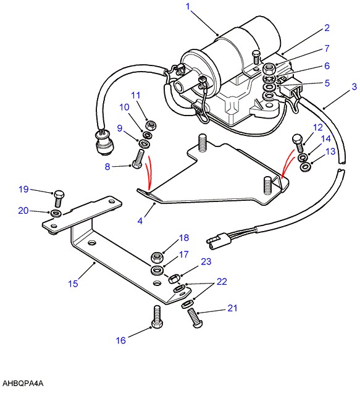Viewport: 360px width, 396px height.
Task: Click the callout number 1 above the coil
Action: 188,6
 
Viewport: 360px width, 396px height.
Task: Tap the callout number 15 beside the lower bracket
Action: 73,284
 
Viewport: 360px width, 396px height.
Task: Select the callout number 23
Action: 206,261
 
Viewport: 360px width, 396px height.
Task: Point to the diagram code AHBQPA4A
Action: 23,384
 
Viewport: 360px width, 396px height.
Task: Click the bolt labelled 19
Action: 59,198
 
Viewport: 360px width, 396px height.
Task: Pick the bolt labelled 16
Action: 157,317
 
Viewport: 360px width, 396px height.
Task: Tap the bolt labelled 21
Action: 195,318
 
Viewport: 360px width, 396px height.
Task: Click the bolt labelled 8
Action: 138,159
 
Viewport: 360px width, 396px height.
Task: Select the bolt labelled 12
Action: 298,143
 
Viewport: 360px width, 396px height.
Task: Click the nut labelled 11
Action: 151,125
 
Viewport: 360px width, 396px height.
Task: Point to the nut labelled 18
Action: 157,257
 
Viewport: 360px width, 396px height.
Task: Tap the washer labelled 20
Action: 56,213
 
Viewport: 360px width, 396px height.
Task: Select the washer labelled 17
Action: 157,270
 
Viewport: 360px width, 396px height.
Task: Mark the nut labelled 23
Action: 174,279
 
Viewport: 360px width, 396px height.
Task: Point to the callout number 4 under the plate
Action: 140,221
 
